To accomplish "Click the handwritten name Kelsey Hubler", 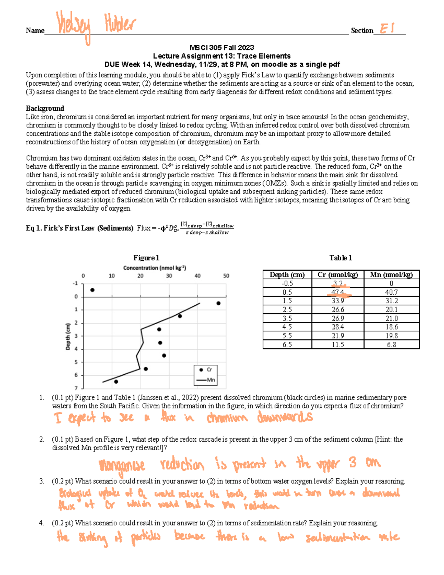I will (95, 26).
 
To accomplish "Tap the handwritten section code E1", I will (387, 29).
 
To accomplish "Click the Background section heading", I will (45, 108).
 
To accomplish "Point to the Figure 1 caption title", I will (146, 258).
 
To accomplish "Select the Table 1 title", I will (340, 258).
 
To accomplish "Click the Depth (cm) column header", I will (287, 275).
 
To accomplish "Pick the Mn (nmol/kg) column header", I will (391, 275).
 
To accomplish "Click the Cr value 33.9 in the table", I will (338, 301).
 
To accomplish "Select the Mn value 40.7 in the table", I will (391, 292).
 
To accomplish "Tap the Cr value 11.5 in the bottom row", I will (338, 345).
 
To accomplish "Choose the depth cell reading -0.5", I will (287, 284).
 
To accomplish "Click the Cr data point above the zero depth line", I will (92, 290).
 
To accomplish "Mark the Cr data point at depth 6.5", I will (116, 381).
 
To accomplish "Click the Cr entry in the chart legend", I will (206, 370).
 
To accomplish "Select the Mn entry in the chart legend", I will (206, 380).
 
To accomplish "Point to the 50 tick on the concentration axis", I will (226, 276).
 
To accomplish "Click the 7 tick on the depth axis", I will (76, 388).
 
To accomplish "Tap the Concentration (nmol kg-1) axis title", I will (154, 268).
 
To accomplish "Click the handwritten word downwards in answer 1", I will (285, 417).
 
